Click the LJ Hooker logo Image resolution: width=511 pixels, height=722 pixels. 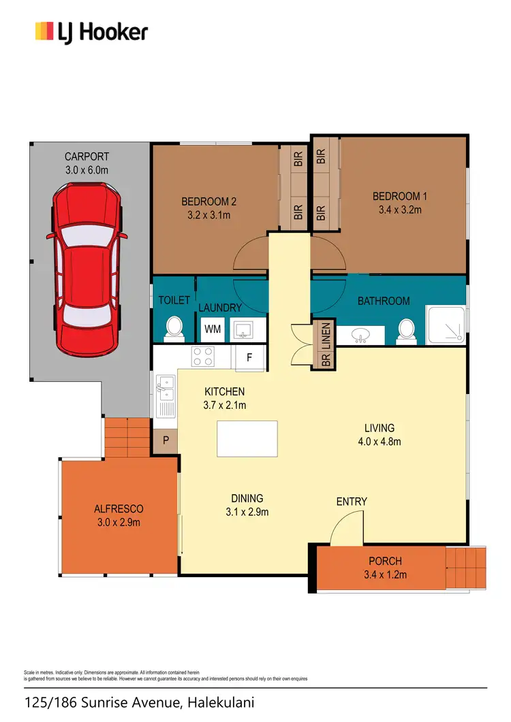click(x=91, y=31)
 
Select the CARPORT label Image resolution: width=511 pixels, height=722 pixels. click(x=87, y=157)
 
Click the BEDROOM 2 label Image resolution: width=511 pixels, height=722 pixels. click(x=208, y=201)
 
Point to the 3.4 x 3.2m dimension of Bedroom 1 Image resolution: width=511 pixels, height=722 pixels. click(x=400, y=210)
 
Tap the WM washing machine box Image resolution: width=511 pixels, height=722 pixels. click(x=213, y=329)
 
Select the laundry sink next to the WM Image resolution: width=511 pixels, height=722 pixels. click(x=242, y=330)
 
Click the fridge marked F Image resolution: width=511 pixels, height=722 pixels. click(x=249, y=357)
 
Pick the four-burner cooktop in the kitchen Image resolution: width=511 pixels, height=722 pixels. click(x=203, y=356)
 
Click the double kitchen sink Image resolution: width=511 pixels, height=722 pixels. click(x=164, y=391)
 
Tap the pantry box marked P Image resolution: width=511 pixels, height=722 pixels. click(x=166, y=441)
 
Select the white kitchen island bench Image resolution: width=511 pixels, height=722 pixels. click(x=247, y=439)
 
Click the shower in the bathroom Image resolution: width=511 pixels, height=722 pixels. click(x=447, y=325)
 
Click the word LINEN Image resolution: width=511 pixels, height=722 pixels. click(x=326, y=335)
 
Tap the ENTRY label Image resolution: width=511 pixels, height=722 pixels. click(x=352, y=502)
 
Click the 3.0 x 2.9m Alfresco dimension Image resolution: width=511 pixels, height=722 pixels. click(x=119, y=523)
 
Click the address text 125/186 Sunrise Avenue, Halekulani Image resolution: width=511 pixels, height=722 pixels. click(x=139, y=702)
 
